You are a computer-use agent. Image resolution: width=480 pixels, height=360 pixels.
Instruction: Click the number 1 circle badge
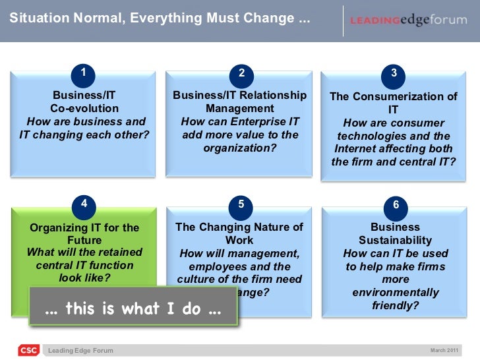click(83, 72)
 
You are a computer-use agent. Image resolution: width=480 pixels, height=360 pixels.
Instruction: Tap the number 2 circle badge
click(241, 73)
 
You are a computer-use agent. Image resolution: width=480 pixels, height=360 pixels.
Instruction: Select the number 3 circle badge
click(394, 73)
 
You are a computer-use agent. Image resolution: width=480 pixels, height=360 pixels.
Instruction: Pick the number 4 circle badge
click(83, 204)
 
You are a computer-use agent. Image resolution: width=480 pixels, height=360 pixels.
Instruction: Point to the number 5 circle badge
click(241, 205)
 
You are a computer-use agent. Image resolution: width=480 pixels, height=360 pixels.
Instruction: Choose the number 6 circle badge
click(395, 205)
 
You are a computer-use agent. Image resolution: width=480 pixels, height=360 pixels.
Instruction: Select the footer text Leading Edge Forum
click(85, 351)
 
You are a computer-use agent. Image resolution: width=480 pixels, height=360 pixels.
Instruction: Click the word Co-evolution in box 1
click(84, 108)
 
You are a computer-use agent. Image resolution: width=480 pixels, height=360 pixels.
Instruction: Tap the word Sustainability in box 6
click(395, 241)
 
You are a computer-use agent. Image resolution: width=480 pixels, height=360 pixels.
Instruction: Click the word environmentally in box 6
click(396, 292)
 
